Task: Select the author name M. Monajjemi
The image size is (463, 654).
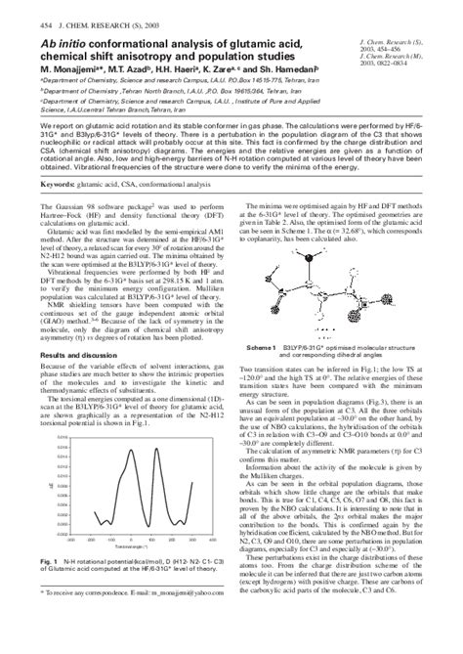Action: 46,70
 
